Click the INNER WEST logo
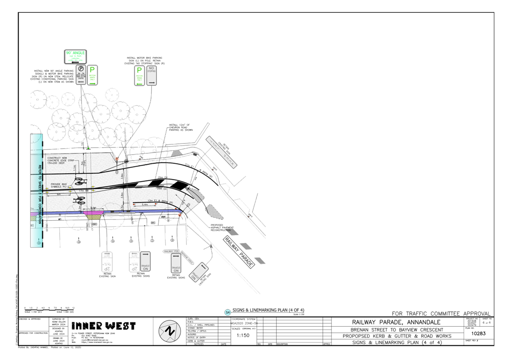[x=103, y=326]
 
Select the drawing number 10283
[x=478, y=333]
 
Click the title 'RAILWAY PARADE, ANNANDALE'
[x=397, y=322]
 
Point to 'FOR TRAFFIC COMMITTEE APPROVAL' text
[x=442, y=313]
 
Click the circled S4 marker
[x=227, y=312]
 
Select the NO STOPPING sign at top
[x=152, y=76]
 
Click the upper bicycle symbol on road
[x=79, y=181]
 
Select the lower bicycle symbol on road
[x=79, y=199]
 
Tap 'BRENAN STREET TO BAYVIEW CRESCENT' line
[x=397, y=330]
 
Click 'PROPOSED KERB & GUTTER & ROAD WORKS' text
[x=397, y=336]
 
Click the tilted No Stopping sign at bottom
[x=198, y=272]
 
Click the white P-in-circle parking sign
[x=81, y=74]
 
